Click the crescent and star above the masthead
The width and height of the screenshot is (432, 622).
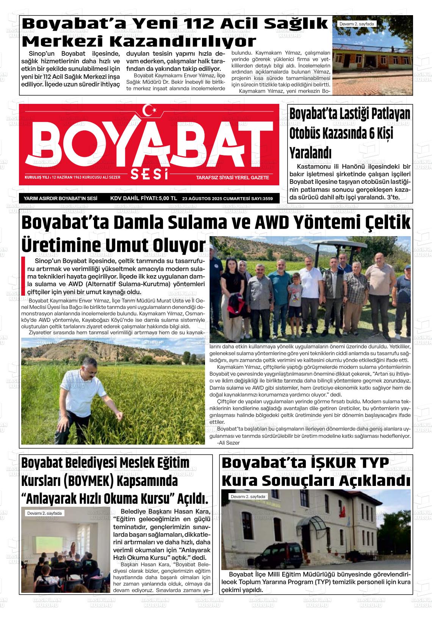coord(151,110)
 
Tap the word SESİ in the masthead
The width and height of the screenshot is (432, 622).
coord(149,175)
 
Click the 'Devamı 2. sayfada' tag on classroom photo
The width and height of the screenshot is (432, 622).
coord(44,513)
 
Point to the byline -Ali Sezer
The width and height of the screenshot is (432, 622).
coord(228,443)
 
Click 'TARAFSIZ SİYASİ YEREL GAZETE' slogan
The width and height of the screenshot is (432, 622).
coord(232,177)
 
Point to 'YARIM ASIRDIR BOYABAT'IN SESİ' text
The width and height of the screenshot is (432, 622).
coord(61,198)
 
